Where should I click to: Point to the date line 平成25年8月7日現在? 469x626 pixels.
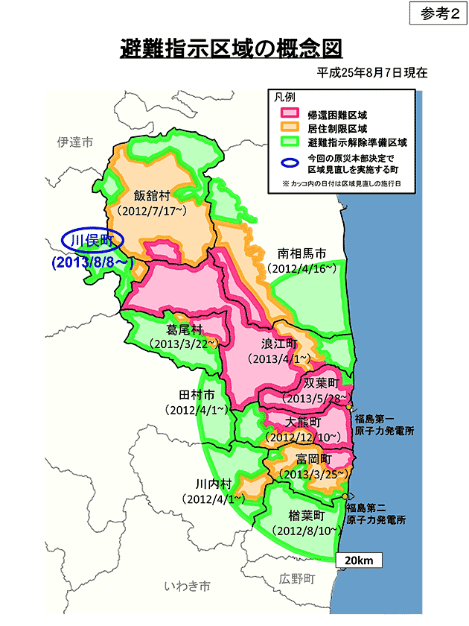[x=371, y=74]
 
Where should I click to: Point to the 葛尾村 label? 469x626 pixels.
[x=184, y=329]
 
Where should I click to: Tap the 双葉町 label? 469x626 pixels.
[x=322, y=384]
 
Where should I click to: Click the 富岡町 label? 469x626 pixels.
[x=313, y=458]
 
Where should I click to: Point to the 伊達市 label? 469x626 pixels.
[x=75, y=142]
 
